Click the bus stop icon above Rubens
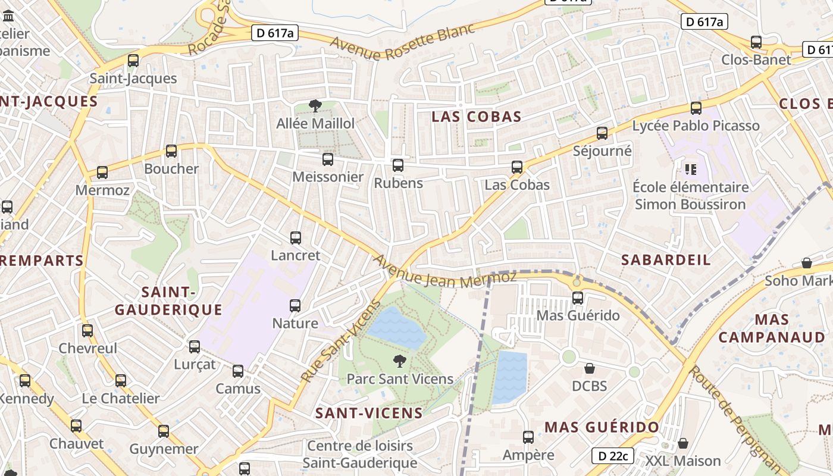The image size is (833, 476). click(x=397, y=165)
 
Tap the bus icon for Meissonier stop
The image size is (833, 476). click(x=327, y=159)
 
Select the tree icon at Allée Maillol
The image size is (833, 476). click(x=315, y=106)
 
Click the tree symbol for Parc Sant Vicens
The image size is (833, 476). click(x=400, y=361)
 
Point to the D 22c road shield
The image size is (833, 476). click(x=613, y=456)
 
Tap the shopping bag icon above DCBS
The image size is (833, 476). click(x=589, y=368)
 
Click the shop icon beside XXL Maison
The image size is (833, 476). click(x=683, y=443)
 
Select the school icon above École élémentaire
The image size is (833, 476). click(x=690, y=170)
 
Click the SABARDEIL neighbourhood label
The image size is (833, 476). click(x=666, y=259)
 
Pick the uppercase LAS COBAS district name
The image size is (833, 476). click(x=476, y=117)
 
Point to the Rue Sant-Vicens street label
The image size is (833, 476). click(x=340, y=343)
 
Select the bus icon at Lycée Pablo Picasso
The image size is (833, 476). click(x=696, y=108)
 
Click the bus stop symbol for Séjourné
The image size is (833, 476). click(x=602, y=133)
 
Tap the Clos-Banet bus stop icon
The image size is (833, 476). click(x=756, y=42)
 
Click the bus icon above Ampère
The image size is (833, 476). click(x=528, y=437)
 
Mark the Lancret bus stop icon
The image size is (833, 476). click(x=295, y=238)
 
